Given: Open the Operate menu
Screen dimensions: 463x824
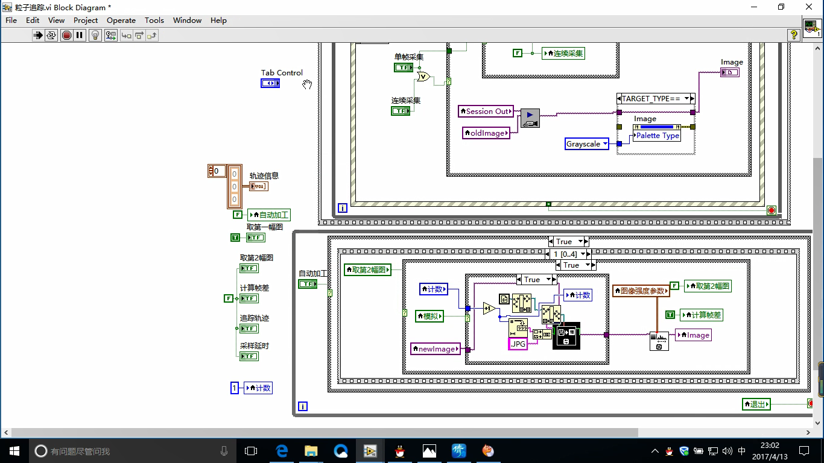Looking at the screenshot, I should tap(121, 20).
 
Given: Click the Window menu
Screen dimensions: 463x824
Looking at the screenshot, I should tap(187, 20).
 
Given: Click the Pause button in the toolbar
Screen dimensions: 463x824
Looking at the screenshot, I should tap(79, 36).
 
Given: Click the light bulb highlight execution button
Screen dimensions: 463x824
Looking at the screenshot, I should tap(95, 36).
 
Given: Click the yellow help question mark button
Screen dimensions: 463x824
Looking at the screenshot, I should tap(794, 36).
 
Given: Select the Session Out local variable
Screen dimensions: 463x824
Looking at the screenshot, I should tap(486, 112).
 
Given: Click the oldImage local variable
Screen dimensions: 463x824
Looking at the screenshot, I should tap(486, 133).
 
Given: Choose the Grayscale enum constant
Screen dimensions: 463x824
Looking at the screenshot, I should tap(586, 144).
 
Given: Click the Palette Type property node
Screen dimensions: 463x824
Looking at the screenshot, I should tap(658, 136).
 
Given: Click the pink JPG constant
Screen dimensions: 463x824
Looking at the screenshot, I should tap(518, 344).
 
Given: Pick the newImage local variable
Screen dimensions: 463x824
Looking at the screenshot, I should tap(436, 349).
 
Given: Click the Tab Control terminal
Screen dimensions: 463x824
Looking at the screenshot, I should tap(270, 83).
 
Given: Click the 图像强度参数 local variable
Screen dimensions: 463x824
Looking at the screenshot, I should tap(641, 291).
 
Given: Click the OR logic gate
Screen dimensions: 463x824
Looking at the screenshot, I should tap(422, 77).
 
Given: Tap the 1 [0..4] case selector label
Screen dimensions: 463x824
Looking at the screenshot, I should tap(565, 254).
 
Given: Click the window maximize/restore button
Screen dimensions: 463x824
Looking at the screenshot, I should tap(781, 7).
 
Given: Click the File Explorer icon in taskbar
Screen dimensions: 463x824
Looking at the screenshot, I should tap(311, 451).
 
